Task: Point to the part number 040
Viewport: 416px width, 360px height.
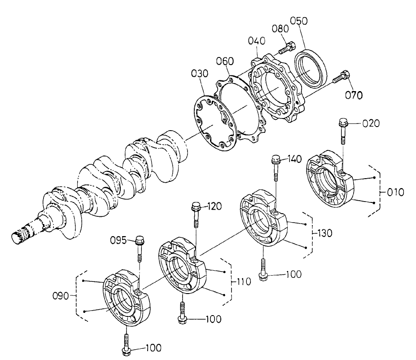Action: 257,41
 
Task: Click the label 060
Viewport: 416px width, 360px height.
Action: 224,61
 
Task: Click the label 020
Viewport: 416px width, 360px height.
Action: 371,123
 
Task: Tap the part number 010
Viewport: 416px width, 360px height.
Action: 395,192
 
